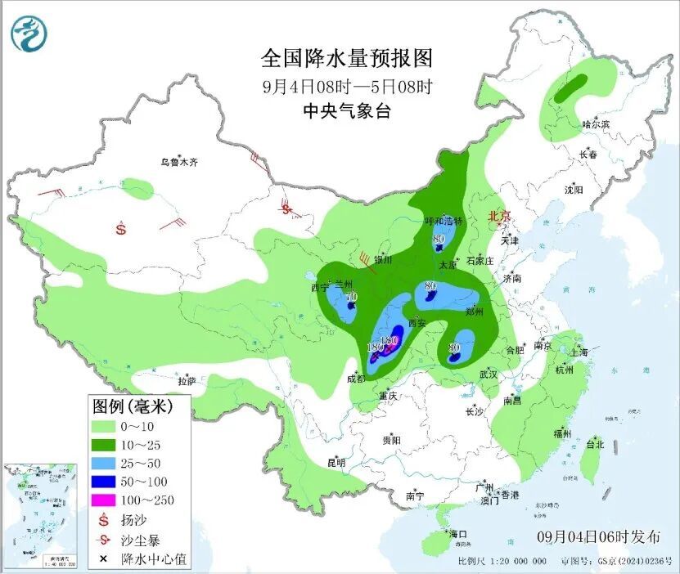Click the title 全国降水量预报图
(x=346, y=59)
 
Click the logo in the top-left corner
(x=29, y=34)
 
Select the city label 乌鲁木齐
(x=178, y=163)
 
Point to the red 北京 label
(x=498, y=216)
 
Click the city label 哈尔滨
(x=596, y=124)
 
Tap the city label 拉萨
(x=187, y=380)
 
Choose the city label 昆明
(x=336, y=463)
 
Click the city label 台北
(x=595, y=445)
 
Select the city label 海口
(x=457, y=535)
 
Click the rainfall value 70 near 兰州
(x=352, y=297)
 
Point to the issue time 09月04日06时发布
(x=598, y=537)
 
